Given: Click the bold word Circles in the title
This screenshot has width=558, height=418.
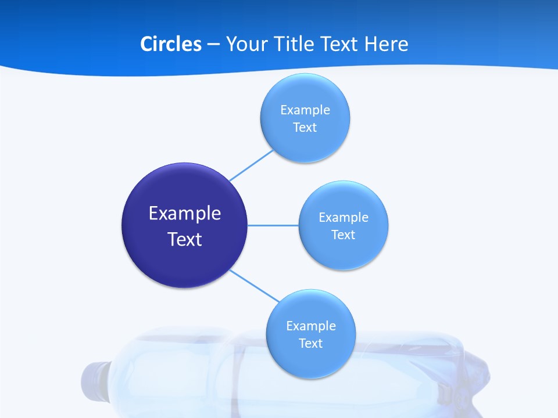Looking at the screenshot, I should [170, 44].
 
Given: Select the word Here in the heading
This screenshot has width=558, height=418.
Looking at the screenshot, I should [386, 44].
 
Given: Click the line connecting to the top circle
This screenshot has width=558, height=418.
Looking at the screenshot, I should [251, 165].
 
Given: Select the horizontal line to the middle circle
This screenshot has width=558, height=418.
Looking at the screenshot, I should [273, 225].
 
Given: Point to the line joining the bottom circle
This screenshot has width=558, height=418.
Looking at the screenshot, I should [254, 284].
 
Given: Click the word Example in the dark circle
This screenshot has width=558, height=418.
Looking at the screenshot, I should [185, 214].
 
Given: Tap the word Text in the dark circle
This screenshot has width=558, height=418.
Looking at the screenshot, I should [185, 239].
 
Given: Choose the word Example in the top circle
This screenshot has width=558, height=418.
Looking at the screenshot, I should [305, 110].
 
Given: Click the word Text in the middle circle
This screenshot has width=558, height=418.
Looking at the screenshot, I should [343, 235].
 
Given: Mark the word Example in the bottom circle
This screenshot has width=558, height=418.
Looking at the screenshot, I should [311, 326].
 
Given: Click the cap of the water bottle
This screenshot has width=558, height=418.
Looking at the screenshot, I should [93, 383].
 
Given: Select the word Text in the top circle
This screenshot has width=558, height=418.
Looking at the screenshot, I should [305, 127].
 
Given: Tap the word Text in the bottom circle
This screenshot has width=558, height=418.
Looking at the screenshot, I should [311, 343].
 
